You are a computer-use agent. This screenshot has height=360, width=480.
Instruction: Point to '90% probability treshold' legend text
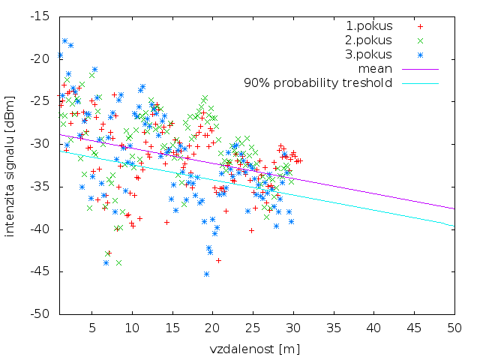[x=318, y=82]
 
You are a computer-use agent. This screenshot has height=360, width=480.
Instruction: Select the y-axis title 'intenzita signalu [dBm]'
[x=10, y=165]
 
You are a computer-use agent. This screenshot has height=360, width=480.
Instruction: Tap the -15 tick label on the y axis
[x=40, y=16]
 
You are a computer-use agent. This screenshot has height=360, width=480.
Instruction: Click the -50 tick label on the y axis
[x=40, y=313]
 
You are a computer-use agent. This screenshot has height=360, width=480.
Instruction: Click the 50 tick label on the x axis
[x=454, y=328]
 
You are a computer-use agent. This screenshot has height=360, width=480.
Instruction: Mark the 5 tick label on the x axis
[x=92, y=328]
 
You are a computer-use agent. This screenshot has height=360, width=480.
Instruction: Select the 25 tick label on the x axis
[x=253, y=328]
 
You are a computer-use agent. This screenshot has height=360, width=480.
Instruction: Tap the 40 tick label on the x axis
[x=374, y=328]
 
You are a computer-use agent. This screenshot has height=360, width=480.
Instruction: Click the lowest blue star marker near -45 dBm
[x=206, y=274]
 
